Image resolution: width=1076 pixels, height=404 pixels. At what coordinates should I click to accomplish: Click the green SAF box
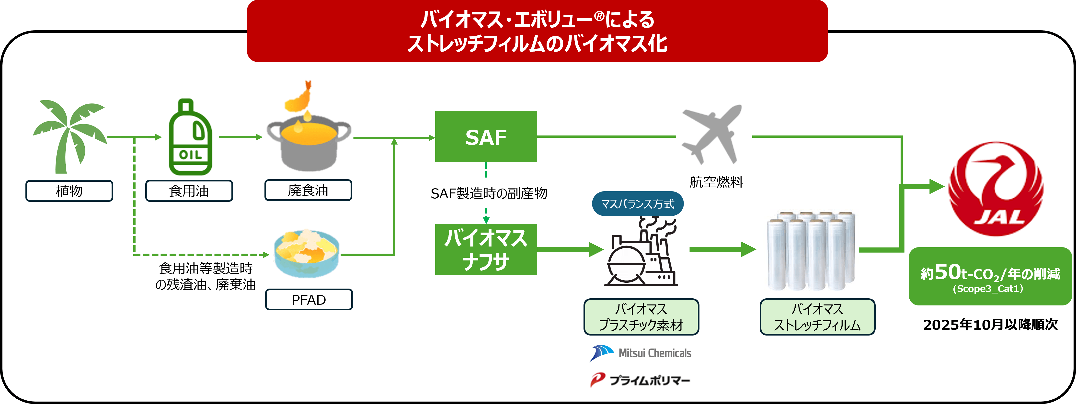click(486, 136)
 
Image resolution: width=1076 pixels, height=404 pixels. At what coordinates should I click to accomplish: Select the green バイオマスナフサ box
click(486, 249)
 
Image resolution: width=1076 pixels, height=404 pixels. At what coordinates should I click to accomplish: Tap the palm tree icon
click(69, 136)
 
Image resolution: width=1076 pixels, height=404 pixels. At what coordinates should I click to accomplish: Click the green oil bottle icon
click(190, 138)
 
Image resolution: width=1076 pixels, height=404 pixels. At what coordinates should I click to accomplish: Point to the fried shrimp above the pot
click(300, 98)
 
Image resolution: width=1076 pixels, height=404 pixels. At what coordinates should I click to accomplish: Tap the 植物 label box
click(69, 191)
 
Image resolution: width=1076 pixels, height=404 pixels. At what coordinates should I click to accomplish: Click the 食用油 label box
click(189, 191)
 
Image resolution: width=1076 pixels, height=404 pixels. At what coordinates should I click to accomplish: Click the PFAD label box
click(309, 300)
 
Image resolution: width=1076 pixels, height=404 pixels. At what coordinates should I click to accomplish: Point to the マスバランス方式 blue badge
click(637, 204)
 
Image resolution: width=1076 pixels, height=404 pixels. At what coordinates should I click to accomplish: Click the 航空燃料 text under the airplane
click(716, 182)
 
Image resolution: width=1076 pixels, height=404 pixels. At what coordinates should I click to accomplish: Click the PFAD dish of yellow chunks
click(306, 252)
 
